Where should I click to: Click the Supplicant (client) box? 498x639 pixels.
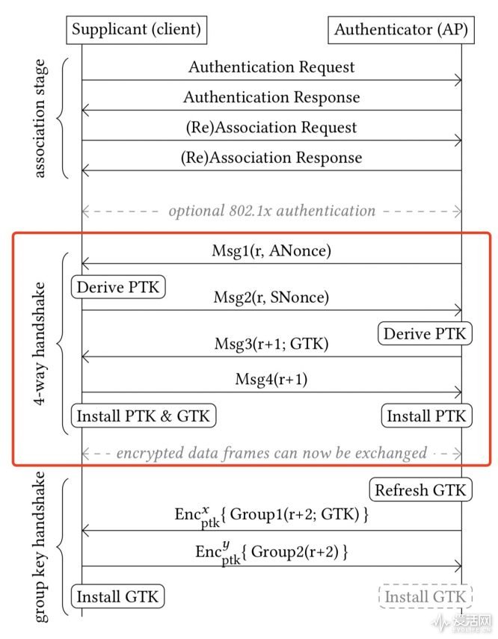[x=136, y=30]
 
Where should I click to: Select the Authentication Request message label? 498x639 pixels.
[x=271, y=67]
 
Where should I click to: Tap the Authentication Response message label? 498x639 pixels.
[x=271, y=98]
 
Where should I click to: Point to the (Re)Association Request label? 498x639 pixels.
[x=271, y=128]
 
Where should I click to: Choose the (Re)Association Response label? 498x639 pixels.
[x=271, y=158]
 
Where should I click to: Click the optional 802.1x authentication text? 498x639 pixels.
[x=271, y=211]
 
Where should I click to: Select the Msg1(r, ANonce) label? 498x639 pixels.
[x=271, y=252]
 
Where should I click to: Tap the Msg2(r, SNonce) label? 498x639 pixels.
[x=271, y=297]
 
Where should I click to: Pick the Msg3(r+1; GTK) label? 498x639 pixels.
[x=271, y=344]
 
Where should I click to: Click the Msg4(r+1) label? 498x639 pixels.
[x=271, y=380]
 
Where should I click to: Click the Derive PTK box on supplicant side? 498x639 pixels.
[x=119, y=287]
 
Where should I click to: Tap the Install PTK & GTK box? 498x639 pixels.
[x=144, y=416]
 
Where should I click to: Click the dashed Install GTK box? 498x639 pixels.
[x=425, y=596]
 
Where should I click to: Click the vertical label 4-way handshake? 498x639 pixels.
[x=42, y=343]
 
